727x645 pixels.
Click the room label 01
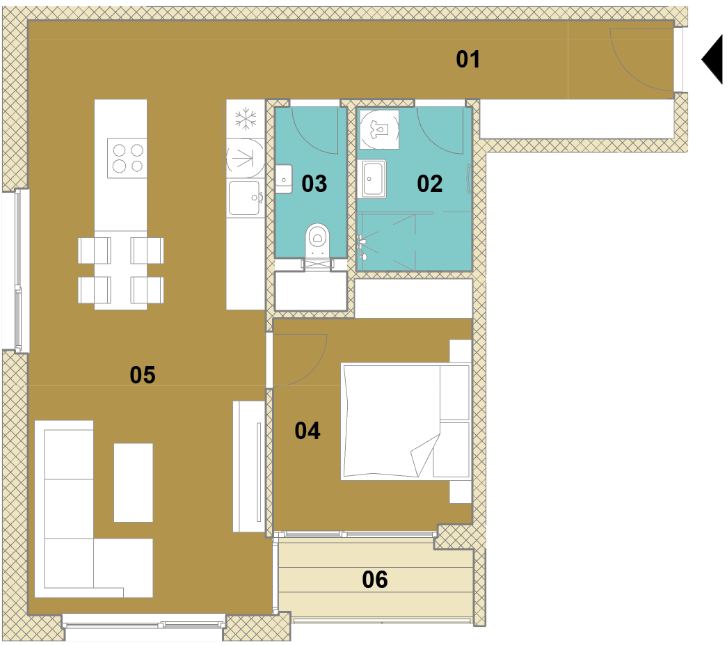click(x=468, y=59)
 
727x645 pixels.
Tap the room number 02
click(x=430, y=184)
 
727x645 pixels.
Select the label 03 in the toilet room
click(x=314, y=184)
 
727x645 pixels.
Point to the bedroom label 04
click(x=307, y=431)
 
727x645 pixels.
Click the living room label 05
click(x=143, y=374)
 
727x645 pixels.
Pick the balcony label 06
click(x=374, y=580)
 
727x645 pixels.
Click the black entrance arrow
click(x=712, y=59)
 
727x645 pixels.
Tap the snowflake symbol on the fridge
click(x=246, y=119)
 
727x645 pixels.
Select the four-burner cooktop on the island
click(x=129, y=158)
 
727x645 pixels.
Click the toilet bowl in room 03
click(x=318, y=240)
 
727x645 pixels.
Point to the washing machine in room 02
click(x=379, y=129)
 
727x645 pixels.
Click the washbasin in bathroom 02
click(x=374, y=179)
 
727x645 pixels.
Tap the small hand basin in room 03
click(x=284, y=179)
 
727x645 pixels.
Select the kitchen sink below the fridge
click(x=245, y=198)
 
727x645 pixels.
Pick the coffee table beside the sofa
click(x=134, y=483)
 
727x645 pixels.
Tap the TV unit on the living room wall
click(x=249, y=466)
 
